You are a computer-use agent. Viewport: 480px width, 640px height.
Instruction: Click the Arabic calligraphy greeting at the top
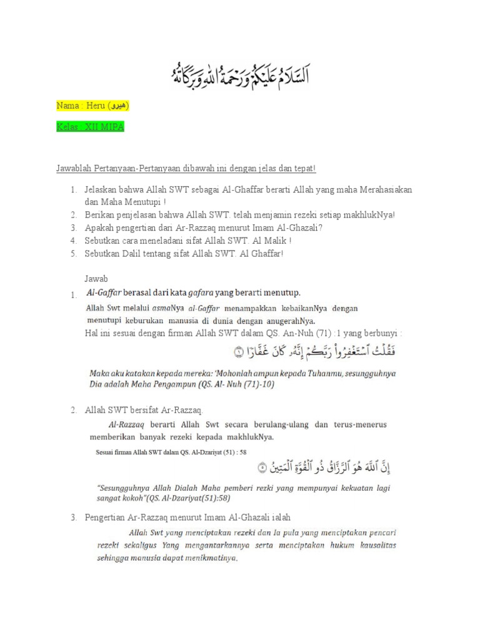point(240,74)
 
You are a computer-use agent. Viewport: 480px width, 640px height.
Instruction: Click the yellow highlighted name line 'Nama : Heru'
point(92,107)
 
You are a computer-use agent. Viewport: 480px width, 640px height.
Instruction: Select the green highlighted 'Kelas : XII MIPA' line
point(91,127)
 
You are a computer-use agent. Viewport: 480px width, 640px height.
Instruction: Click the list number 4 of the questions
point(73,240)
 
